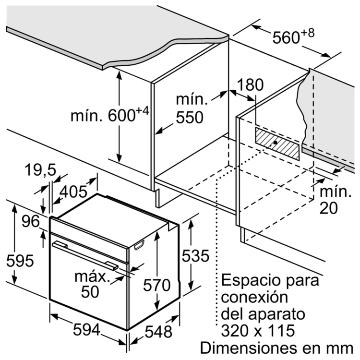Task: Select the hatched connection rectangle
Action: [278, 144]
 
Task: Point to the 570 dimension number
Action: [157, 285]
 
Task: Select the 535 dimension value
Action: [196, 256]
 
